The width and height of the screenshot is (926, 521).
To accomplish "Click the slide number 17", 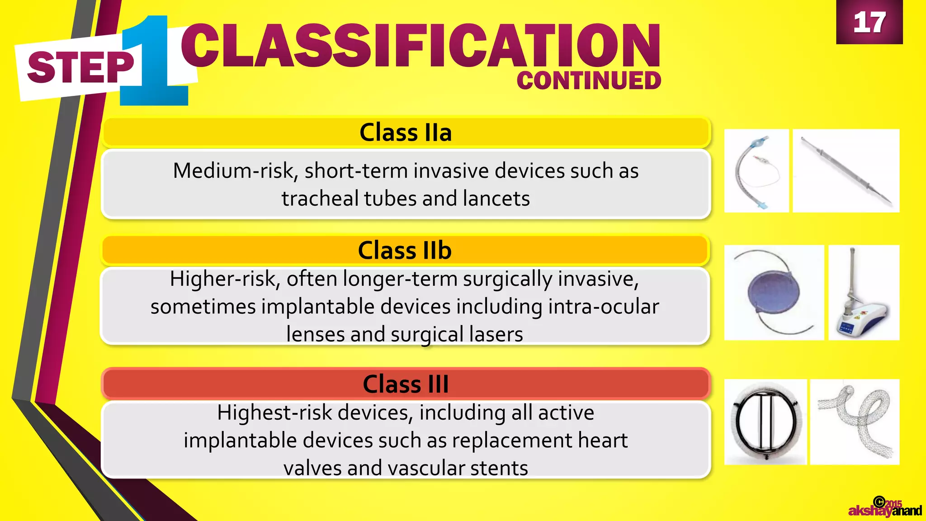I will pyautogui.click(x=869, y=23).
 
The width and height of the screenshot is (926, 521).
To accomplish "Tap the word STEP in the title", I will pyautogui.click(x=80, y=68).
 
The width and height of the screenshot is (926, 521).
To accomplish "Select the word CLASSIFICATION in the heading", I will pyautogui.click(x=420, y=45).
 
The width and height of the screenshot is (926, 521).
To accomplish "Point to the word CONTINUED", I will pyautogui.click(x=589, y=81).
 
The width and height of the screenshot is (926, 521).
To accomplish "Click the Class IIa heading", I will pyautogui.click(x=406, y=133).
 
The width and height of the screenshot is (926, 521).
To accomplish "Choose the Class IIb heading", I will pyautogui.click(x=405, y=250).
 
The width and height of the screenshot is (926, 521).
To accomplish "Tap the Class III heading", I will pyautogui.click(x=406, y=384).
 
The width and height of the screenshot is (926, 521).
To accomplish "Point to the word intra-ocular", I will pyautogui.click(x=604, y=307).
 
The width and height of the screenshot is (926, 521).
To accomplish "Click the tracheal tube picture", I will pyautogui.click(x=756, y=171).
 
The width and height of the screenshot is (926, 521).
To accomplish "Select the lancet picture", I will pyautogui.click(x=846, y=171).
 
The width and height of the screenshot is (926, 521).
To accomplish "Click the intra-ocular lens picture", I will pyautogui.click(x=774, y=293).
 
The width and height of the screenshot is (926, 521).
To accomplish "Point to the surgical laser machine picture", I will pyautogui.click(x=863, y=293).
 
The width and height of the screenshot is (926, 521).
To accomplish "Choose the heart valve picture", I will pyautogui.click(x=765, y=422).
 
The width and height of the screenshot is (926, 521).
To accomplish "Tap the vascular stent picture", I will pyautogui.click(x=855, y=422).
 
